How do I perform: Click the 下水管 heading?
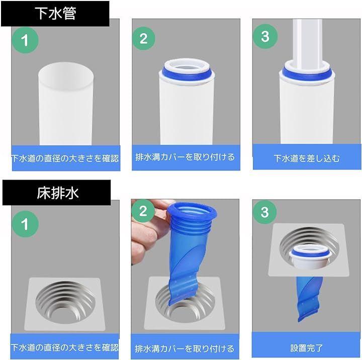pyautogui.click(x=55, y=14)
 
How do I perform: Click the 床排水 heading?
pyautogui.click(x=58, y=193)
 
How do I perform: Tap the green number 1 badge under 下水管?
pyautogui.click(x=25, y=40)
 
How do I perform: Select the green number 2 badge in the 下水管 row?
pyautogui.click(x=143, y=38)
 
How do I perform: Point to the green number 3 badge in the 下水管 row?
pyautogui.click(x=265, y=37)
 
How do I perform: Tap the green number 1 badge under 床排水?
pyautogui.click(x=25, y=224)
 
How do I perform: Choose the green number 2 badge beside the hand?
pyautogui.click(x=143, y=211)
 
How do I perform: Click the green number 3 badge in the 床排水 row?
pyautogui.click(x=264, y=212)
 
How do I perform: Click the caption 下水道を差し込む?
pyautogui.click(x=307, y=158)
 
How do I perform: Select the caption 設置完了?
pyautogui.click(x=306, y=348)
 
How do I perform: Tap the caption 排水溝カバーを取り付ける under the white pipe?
pyautogui.click(x=185, y=157)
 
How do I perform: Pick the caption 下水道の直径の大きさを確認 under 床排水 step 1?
pyautogui.click(x=65, y=347)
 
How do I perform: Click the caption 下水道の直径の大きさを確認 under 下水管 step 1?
pyautogui.click(x=65, y=158)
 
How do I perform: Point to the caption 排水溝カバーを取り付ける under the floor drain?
pyautogui.click(x=185, y=348)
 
